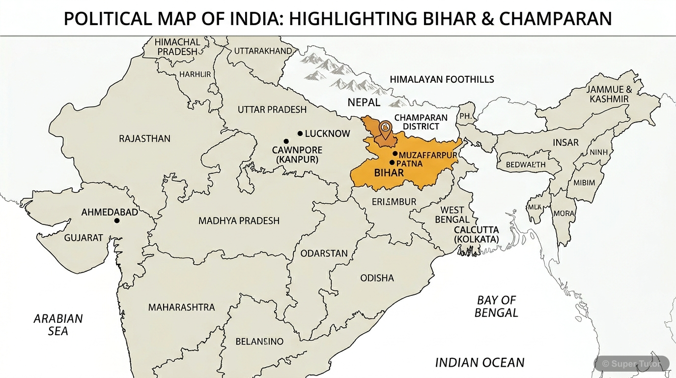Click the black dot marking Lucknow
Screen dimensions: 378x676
tap(300, 133)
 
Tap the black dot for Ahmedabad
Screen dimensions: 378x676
tap(116, 220)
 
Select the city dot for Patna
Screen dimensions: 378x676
tap(392, 162)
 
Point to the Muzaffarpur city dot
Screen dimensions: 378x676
tap(394, 154)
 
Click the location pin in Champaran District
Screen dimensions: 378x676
tap(386, 127)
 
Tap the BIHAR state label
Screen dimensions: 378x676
tap(389, 173)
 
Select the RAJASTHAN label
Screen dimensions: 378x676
tap(144, 139)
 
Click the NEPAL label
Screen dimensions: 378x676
tap(364, 102)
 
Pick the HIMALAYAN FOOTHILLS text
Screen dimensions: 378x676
tap(442, 79)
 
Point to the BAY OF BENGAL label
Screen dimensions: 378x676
tap(496, 306)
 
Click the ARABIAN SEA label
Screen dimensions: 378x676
tap(58, 325)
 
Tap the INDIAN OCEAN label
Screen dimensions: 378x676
tap(479, 363)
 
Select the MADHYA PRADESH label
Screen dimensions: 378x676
tap(239, 221)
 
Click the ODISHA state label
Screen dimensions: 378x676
tap(377, 278)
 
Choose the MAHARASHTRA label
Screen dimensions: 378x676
tap(181, 307)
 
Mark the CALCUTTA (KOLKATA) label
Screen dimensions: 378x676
tap(476, 234)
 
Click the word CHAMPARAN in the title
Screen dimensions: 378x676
tap(555, 19)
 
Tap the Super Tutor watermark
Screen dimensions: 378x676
tap(632, 364)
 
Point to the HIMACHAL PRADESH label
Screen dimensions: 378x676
tap(177, 47)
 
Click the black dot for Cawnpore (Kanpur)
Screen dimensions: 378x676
tap(286, 141)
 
